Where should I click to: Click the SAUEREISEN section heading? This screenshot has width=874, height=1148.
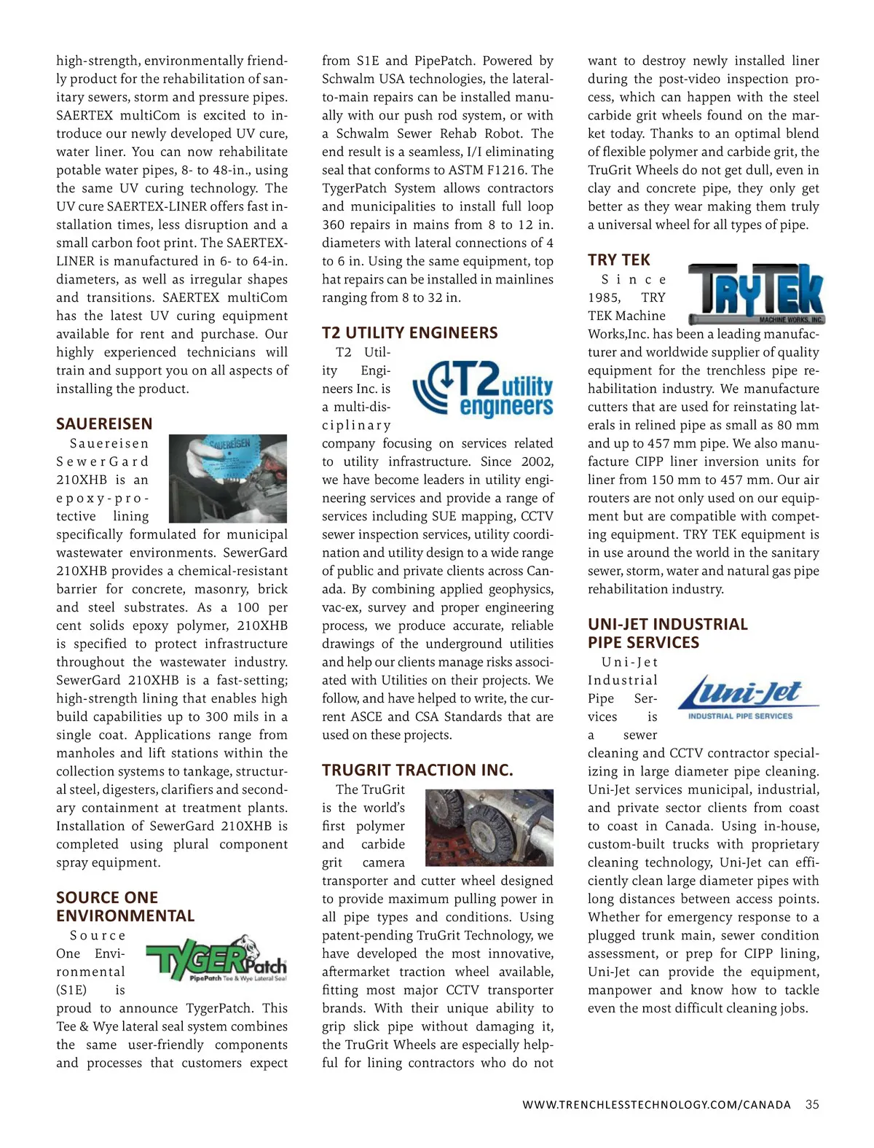click(x=104, y=423)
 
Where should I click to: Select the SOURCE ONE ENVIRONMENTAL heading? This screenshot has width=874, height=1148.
click(x=125, y=907)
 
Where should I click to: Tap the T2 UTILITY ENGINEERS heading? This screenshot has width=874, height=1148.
click(x=410, y=333)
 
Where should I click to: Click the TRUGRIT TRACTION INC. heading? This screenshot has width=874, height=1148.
click(x=417, y=770)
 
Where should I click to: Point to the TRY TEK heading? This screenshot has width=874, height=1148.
click(x=618, y=260)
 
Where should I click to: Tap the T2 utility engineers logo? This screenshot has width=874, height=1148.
click(x=483, y=388)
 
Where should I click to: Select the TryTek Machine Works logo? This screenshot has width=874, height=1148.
click(x=756, y=294)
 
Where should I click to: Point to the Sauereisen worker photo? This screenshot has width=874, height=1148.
click(x=228, y=478)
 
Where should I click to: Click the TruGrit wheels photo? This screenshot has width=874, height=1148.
click(x=489, y=827)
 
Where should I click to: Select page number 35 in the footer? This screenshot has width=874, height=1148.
click(x=812, y=1104)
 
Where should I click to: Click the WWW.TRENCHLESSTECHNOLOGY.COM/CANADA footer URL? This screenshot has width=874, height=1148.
click(x=656, y=1105)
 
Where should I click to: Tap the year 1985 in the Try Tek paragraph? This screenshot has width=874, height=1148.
click(x=604, y=297)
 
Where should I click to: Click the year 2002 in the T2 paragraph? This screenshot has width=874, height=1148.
click(x=537, y=461)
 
